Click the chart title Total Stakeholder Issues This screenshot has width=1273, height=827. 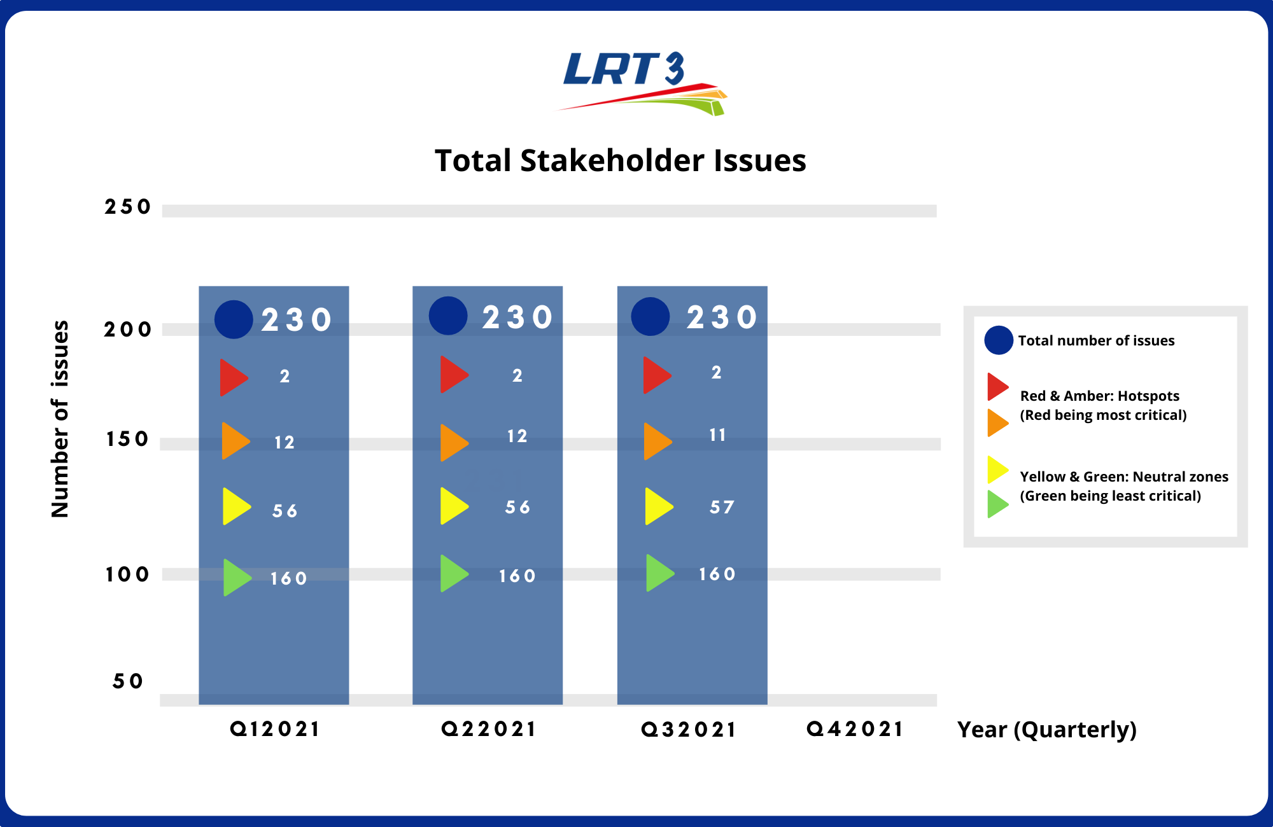(x=621, y=160)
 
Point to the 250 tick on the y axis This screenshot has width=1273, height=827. (x=127, y=207)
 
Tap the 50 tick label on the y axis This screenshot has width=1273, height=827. (x=127, y=681)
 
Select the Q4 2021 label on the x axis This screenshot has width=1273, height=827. (x=855, y=729)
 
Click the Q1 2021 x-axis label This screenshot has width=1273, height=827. (x=274, y=729)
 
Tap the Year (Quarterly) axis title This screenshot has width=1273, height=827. (x=1047, y=730)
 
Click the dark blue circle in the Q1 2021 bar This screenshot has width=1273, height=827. (x=234, y=319)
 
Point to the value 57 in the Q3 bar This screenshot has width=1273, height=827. (x=722, y=507)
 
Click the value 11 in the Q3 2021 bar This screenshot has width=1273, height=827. (x=717, y=435)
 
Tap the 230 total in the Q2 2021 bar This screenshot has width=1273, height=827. (x=517, y=317)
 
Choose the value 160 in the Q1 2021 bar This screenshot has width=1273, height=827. (x=288, y=578)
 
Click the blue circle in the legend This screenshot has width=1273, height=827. (x=999, y=340)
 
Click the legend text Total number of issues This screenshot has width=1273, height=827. (x=1096, y=340)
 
